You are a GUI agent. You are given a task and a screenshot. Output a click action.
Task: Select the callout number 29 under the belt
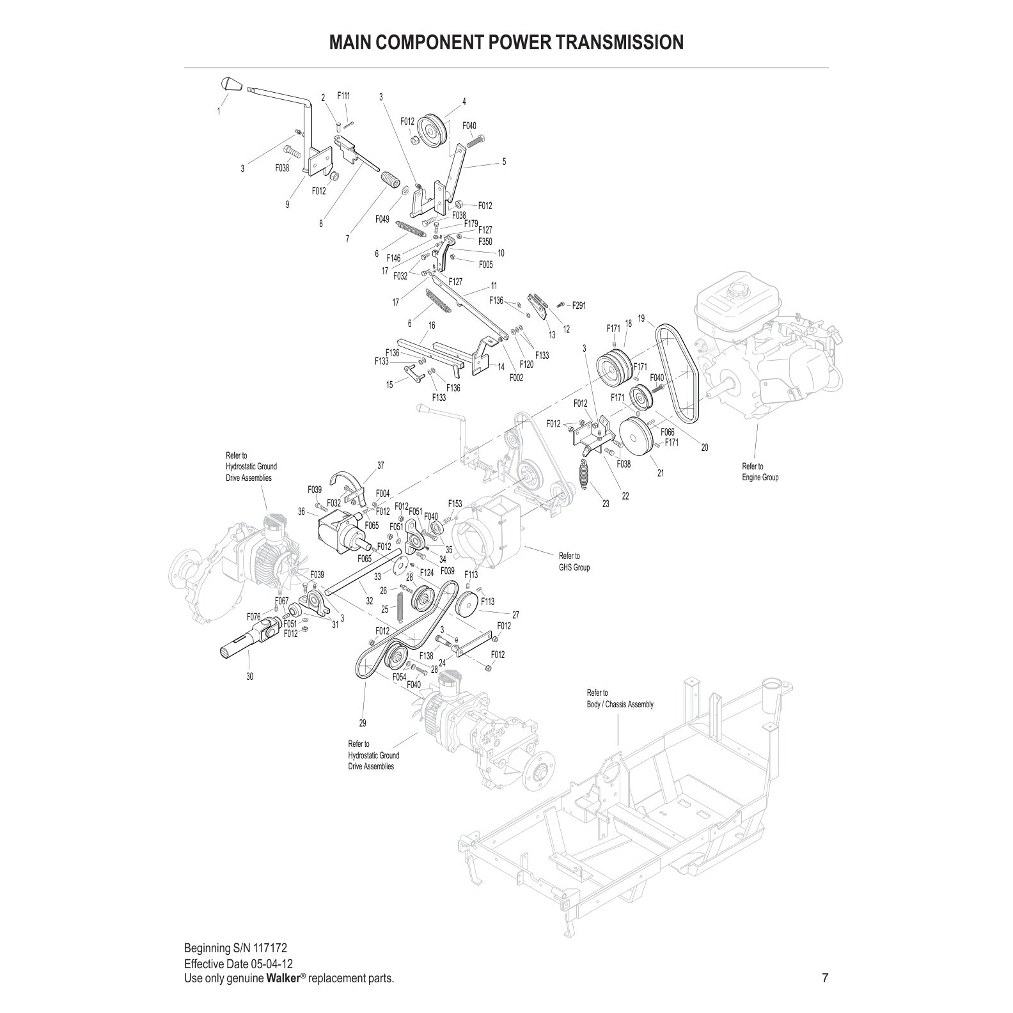click(x=363, y=723)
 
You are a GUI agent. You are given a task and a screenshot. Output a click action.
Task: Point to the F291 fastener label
click(x=578, y=306)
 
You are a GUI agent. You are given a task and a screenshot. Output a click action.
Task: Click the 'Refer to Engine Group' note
click(x=760, y=472)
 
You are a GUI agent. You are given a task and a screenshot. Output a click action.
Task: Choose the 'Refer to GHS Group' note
click(x=574, y=561)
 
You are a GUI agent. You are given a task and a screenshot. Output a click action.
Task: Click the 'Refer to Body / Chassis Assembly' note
click(x=620, y=698)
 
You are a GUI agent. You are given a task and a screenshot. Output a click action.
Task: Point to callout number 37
click(x=381, y=465)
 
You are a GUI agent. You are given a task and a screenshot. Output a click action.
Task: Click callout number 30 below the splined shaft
click(x=249, y=677)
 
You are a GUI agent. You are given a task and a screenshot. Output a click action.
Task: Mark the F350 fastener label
click(x=485, y=242)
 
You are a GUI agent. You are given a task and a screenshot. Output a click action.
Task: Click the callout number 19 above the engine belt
click(x=641, y=318)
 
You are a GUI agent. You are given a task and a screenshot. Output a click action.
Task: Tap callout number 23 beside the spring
click(x=606, y=504)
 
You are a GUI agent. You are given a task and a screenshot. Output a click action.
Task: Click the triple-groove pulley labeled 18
click(x=613, y=368)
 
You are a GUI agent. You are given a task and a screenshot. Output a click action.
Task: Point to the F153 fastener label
click(x=455, y=504)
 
